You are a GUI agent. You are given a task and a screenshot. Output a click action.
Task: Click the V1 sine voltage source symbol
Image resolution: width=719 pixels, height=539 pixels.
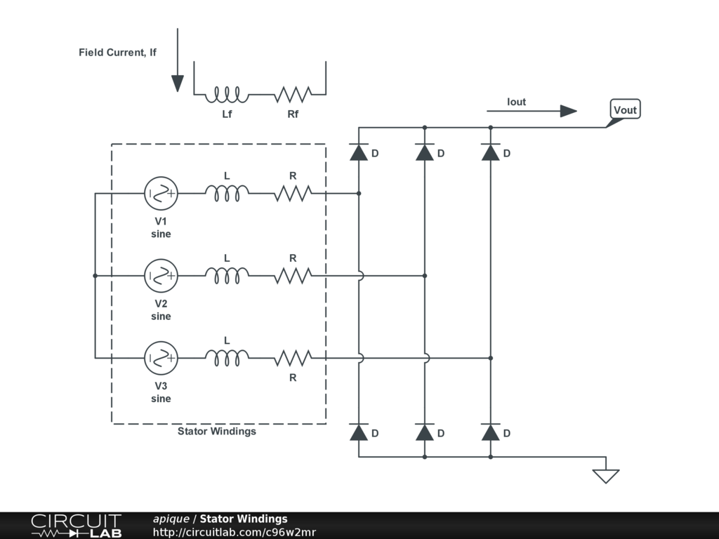[x=161, y=193]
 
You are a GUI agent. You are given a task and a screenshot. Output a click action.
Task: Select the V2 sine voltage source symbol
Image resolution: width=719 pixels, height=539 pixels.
[x=161, y=276]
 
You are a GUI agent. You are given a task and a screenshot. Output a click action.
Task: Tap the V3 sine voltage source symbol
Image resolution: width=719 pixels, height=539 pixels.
[x=161, y=358]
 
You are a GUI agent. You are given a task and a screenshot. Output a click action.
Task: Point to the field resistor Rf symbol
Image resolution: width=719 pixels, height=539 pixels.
[x=293, y=93]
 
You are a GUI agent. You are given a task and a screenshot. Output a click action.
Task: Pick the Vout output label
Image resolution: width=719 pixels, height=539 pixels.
[x=624, y=109]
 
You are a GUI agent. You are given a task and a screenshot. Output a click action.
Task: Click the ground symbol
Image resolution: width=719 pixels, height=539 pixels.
[x=605, y=475]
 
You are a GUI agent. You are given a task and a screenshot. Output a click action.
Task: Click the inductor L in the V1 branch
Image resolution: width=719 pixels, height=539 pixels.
[x=227, y=193]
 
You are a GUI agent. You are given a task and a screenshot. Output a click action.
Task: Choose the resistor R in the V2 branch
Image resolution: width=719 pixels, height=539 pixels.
[x=293, y=276]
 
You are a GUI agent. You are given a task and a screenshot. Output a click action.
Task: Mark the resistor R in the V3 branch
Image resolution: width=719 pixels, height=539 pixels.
[x=293, y=358]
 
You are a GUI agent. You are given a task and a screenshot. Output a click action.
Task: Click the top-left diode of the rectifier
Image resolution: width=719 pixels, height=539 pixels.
[x=359, y=152]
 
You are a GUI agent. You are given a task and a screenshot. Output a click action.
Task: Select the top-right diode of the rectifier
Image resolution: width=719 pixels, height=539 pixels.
[x=490, y=152]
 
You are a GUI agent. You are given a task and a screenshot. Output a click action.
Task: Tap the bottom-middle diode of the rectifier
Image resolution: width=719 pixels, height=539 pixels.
[x=424, y=432]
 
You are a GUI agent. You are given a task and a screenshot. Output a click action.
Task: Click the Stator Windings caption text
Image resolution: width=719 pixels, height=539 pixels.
[x=216, y=432]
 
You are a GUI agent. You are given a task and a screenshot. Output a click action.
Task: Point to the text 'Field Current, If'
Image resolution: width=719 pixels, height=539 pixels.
[x=117, y=53]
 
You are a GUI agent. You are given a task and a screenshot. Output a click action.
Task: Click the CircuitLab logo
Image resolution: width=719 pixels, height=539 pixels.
[x=75, y=526]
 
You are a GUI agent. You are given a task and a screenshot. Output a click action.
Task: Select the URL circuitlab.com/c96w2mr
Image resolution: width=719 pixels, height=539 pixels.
[x=235, y=532]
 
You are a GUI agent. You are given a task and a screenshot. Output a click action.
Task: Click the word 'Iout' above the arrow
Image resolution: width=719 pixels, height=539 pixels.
[x=516, y=102]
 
